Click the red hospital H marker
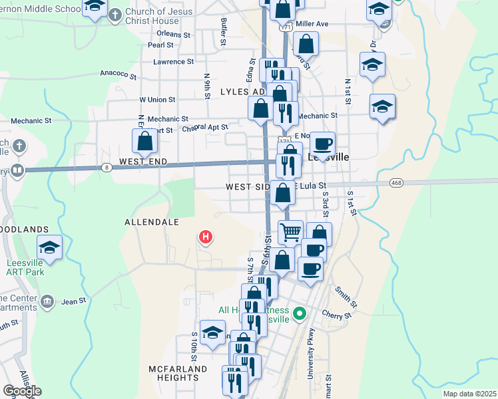coord(206,236)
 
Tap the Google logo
coord(22,391)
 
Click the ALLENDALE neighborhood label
coord(152,221)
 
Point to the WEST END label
coord(142,162)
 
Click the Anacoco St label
coord(118,74)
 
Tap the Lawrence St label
coord(173,62)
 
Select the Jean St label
coord(74,301)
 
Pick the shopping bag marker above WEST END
coord(144,141)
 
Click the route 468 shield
coord(397,182)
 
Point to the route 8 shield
coord(107,167)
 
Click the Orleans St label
coord(174,34)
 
